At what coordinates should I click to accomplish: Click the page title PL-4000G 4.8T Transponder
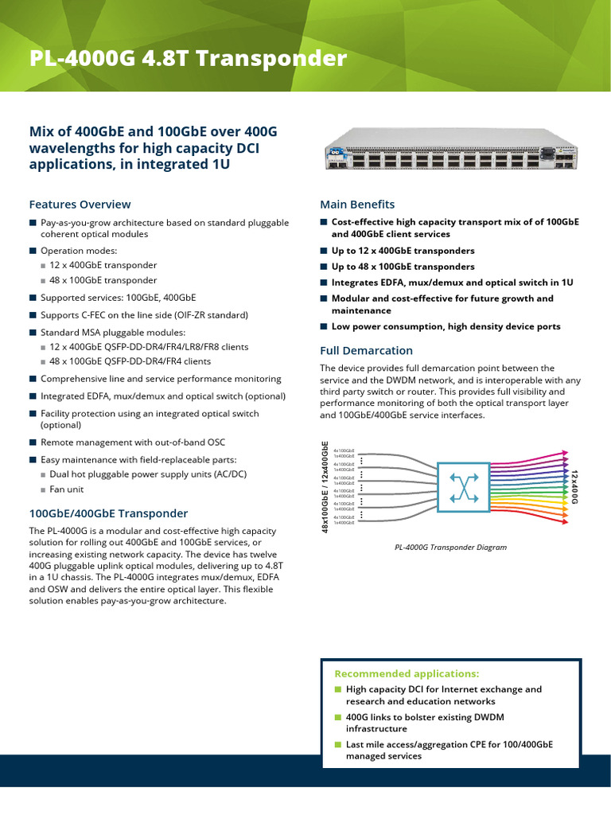(188, 60)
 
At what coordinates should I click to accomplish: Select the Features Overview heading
(80, 205)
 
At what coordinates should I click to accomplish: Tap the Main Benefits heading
(357, 205)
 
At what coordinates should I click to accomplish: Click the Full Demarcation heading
(366, 350)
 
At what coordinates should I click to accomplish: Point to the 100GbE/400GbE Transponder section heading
(108, 513)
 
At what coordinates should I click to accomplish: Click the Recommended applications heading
(407, 673)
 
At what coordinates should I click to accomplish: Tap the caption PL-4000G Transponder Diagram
(450, 548)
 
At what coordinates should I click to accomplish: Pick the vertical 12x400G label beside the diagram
(574, 487)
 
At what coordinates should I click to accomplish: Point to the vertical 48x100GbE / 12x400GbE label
(325, 486)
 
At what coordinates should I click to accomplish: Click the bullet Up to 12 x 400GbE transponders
(403, 251)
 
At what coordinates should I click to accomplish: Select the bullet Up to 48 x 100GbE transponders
(403, 267)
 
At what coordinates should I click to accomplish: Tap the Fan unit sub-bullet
(66, 489)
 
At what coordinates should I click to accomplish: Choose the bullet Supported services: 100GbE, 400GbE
(118, 298)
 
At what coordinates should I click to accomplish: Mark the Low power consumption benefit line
(446, 326)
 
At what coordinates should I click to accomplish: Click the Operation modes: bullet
(72, 250)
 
